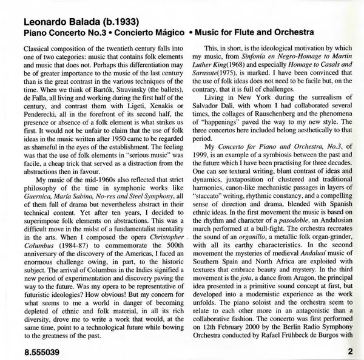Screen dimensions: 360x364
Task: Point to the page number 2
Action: tap(350, 350)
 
